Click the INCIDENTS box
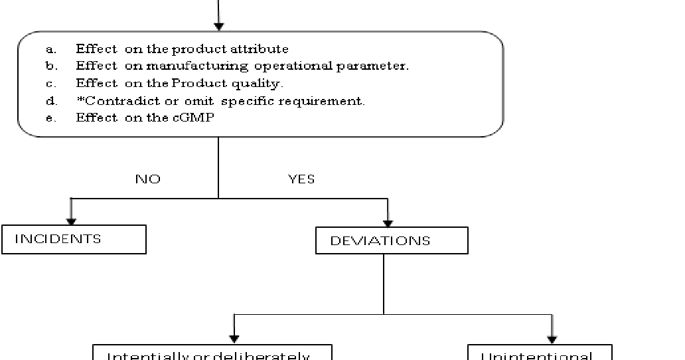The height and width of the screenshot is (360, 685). (x=74, y=239)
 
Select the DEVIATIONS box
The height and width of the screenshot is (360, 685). (x=392, y=240)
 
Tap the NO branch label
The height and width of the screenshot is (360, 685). (x=147, y=179)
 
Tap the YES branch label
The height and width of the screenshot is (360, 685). (x=301, y=179)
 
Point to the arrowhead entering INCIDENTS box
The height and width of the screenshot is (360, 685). (x=71, y=221)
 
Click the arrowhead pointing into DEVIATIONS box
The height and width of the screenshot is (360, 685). (x=388, y=223)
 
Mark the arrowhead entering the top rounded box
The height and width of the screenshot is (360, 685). (x=218, y=26)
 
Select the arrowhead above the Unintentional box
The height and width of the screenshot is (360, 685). (x=552, y=339)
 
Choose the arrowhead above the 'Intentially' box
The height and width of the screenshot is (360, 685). (x=234, y=339)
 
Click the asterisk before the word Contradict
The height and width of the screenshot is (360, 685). (x=78, y=100)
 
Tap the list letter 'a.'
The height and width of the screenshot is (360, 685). (x=51, y=49)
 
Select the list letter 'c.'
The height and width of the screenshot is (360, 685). (x=51, y=84)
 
